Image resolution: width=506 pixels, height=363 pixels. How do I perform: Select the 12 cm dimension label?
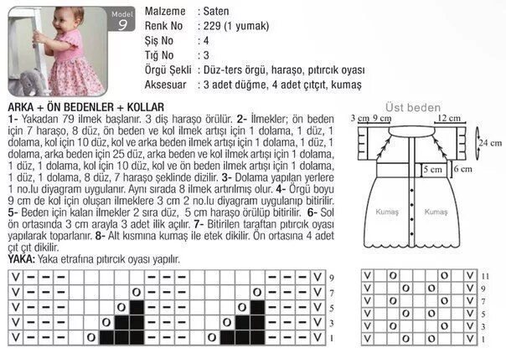pos(434,119)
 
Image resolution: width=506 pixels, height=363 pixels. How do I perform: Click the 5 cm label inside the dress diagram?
pos(432,168)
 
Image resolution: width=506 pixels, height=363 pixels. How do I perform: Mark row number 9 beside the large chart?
pos(332,277)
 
